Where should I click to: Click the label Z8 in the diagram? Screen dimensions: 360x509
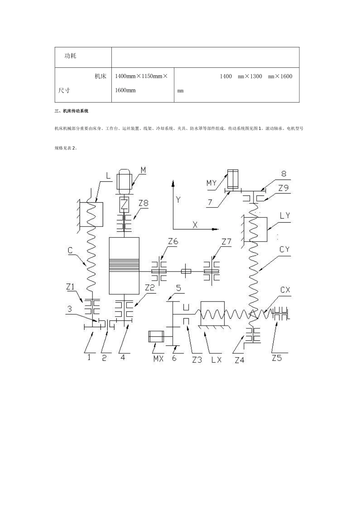pos(144,203)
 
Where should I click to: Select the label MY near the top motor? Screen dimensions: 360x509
pos(211,183)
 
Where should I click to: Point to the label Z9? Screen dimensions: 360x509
pos(283,188)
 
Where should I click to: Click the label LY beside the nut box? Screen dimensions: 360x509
pos(285,215)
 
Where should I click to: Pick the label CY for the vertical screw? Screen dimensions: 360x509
pos(284,250)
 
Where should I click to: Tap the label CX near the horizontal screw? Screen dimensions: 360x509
pos(285,290)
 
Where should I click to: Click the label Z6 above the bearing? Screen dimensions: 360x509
pos(173,241)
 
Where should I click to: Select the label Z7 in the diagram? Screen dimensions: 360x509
pos(227,242)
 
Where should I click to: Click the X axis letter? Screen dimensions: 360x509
pos(195,225)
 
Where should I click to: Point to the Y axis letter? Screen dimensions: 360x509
pos(178,200)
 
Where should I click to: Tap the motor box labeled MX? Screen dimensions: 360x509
pos(156,336)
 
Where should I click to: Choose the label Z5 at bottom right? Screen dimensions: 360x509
pos(277,358)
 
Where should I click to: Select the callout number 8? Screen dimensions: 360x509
pos(283,173)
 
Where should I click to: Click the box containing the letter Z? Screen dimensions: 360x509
pos(124,205)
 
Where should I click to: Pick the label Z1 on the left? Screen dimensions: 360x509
pos(70,287)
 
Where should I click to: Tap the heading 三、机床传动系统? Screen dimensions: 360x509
pos(71,111)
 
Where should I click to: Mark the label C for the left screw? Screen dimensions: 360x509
pos(70,250)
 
